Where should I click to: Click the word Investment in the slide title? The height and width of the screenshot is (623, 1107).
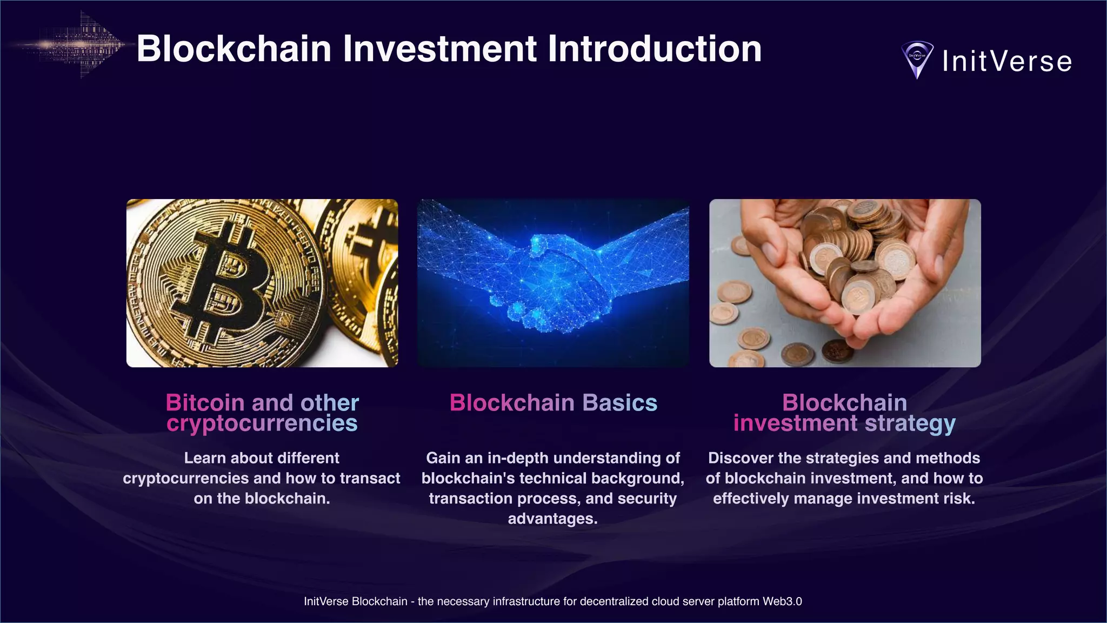(x=440, y=49)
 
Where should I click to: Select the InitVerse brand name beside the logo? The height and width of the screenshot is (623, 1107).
(x=1007, y=61)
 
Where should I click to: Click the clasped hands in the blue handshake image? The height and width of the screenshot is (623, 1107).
(x=551, y=281)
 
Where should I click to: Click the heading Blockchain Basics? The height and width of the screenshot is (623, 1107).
(x=553, y=403)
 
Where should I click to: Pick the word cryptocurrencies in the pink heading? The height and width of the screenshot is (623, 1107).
(x=262, y=423)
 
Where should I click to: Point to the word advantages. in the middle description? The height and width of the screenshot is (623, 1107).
(x=552, y=519)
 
